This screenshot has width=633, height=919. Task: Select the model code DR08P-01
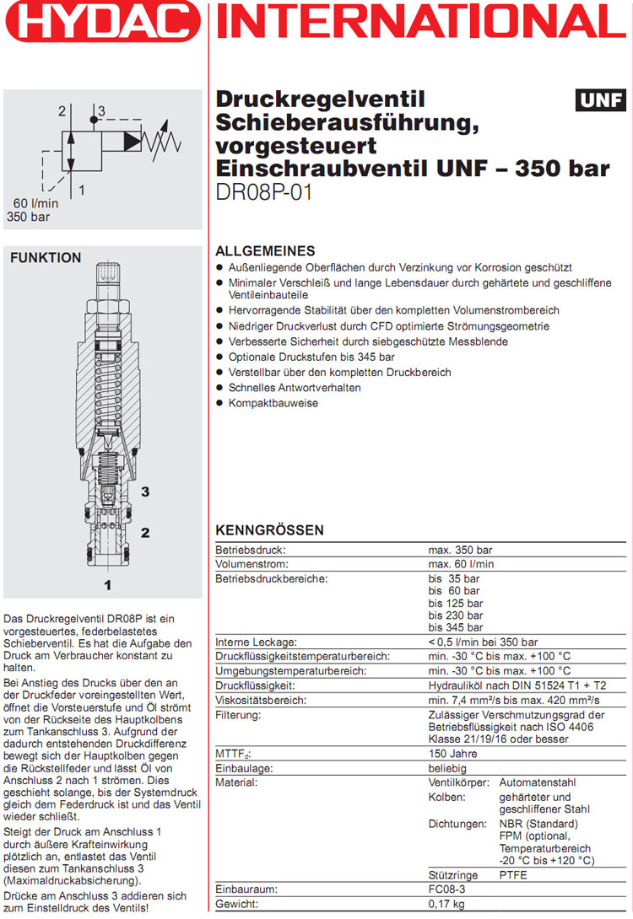264,193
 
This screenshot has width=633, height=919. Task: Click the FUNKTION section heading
46,258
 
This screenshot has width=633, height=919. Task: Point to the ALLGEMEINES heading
265,251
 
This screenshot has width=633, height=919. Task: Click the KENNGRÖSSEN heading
269,531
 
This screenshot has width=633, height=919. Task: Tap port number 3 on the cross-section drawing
145,492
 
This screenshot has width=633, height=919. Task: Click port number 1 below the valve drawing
107,583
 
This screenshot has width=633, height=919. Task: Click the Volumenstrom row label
252,564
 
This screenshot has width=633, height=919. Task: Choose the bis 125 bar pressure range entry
455,603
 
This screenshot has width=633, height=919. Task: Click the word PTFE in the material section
514,874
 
